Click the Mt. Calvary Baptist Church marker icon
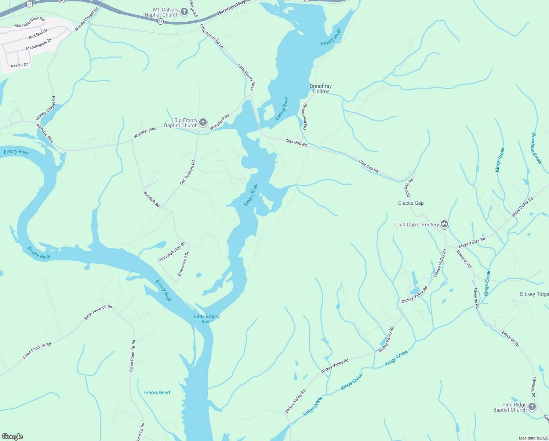[x=184, y=12]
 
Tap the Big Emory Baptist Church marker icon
[x=203, y=123]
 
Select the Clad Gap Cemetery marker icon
[x=444, y=224]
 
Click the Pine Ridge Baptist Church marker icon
[x=532, y=407]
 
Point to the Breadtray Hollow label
[x=321, y=89]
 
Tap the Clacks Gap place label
[x=411, y=203]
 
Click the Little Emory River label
[x=207, y=319]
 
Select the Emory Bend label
[x=157, y=392]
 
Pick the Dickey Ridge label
[x=534, y=294]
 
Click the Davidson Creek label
[x=536, y=148]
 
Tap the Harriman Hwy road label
[x=231, y=8]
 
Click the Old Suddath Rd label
[x=188, y=172]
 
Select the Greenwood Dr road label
[x=183, y=263]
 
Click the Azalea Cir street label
[x=20, y=65]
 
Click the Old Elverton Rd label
[x=305, y=116]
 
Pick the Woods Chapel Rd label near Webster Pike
[x=46, y=108]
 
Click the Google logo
[x=12, y=437]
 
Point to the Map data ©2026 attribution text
[x=532, y=438]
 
